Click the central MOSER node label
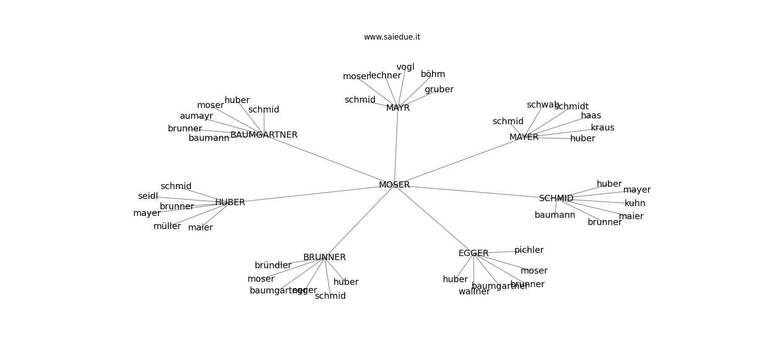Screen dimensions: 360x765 click(x=394, y=185)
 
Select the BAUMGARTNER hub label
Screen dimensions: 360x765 click(x=264, y=135)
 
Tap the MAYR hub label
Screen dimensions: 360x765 click(x=398, y=108)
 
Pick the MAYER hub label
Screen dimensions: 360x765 click(x=524, y=137)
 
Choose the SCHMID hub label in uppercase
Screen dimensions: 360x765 click(x=556, y=198)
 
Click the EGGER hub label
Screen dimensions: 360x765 click(x=473, y=253)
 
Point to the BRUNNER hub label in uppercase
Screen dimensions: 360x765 click(x=324, y=257)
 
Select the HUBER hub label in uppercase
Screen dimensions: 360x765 click(x=230, y=202)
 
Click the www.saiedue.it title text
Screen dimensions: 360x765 click(x=392, y=37)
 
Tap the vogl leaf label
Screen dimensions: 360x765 click(x=405, y=67)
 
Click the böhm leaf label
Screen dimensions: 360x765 click(x=433, y=74)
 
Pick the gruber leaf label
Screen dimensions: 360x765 click(x=439, y=90)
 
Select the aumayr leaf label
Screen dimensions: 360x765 click(x=196, y=116)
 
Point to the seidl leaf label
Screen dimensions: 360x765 click(x=148, y=196)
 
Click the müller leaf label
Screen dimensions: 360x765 click(x=167, y=226)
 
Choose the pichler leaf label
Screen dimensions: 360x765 click(x=529, y=250)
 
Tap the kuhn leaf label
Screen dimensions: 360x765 click(x=635, y=203)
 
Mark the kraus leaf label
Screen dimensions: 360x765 click(x=603, y=128)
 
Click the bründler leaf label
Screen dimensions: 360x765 click(x=273, y=265)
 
